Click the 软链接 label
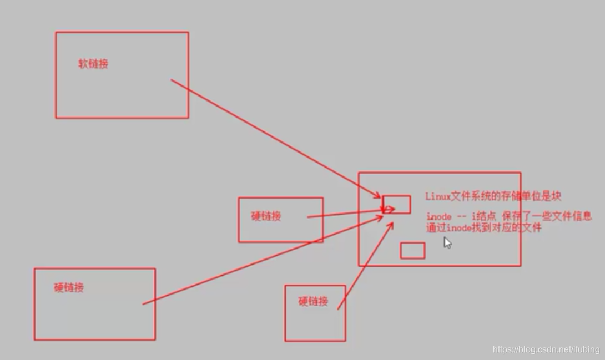pyautogui.click(x=93, y=64)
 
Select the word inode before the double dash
pyautogui.click(x=439, y=216)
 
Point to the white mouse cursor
pyautogui.click(x=447, y=242)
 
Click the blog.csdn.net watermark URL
pyautogui.click(x=546, y=349)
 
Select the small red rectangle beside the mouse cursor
pyautogui.click(x=412, y=251)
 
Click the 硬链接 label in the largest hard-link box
pyautogui.click(x=69, y=287)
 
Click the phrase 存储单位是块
pyautogui.click(x=536, y=196)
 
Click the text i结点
pyautogui.click(x=488, y=216)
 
